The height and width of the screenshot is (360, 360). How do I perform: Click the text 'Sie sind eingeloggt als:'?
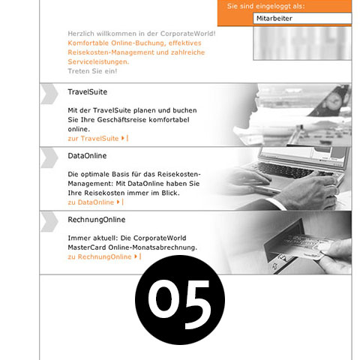[278, 6]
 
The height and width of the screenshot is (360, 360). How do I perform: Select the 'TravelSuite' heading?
[87, 92]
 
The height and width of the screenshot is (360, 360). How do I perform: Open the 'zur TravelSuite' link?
[93, 138]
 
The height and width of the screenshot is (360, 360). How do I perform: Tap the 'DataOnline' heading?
[87, 156]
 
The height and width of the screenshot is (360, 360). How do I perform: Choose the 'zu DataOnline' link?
[91, 202]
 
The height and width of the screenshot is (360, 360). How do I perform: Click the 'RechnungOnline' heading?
[96, 220]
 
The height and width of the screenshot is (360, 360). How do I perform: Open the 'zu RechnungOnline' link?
[99, 256]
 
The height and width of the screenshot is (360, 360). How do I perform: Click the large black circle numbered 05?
[180, 300]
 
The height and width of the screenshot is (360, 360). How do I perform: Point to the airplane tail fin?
[339, 97]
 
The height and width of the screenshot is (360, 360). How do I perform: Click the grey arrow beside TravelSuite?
[49, 93]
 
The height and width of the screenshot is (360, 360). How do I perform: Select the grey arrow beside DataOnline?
[49, 157]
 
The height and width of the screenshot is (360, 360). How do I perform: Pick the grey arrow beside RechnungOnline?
[49, 220]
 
